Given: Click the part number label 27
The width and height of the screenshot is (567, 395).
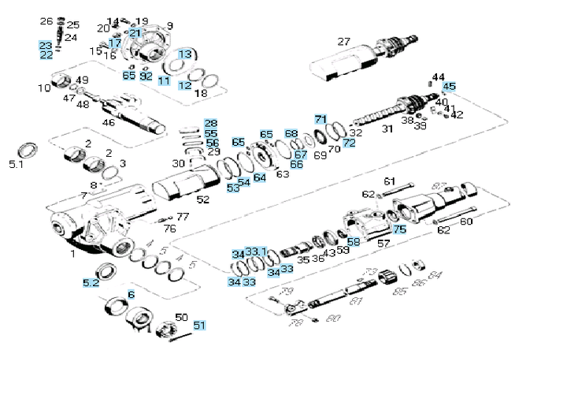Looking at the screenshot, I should coord(343,42).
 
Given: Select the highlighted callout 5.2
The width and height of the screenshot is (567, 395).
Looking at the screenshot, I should coord(91,281).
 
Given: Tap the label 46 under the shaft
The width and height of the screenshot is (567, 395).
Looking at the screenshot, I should coord(108,121).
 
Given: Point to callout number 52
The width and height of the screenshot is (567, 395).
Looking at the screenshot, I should coord(203,199).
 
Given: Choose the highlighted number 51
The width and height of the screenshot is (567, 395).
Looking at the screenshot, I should coord(199,325).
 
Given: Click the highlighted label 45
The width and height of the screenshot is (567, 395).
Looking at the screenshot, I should coord(449,87).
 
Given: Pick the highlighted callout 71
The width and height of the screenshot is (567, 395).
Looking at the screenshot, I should coord(321,119).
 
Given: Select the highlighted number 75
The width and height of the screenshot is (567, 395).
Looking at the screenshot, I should coord(399,229).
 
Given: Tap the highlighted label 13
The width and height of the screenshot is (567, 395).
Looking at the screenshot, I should coord(184,54).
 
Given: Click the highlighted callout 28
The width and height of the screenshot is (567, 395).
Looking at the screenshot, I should coord(210,124).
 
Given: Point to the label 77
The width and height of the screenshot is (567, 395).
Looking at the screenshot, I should coord(182,216).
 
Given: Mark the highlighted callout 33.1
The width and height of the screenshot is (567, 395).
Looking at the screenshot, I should coord(256,252).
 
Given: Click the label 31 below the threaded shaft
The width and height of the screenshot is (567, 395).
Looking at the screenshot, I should coord(387,129).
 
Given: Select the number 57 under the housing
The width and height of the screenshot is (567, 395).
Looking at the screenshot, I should coord(384,244).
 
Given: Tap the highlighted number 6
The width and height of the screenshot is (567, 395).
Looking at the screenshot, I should coord(131,294).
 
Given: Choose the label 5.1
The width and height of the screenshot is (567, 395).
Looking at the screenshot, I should coord(17,165).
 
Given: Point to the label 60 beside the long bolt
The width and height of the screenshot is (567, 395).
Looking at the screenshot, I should coord(465,222).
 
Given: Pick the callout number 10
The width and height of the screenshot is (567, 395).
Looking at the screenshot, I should coord(44,88).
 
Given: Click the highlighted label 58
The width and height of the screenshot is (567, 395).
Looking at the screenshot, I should coord(353,241).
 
